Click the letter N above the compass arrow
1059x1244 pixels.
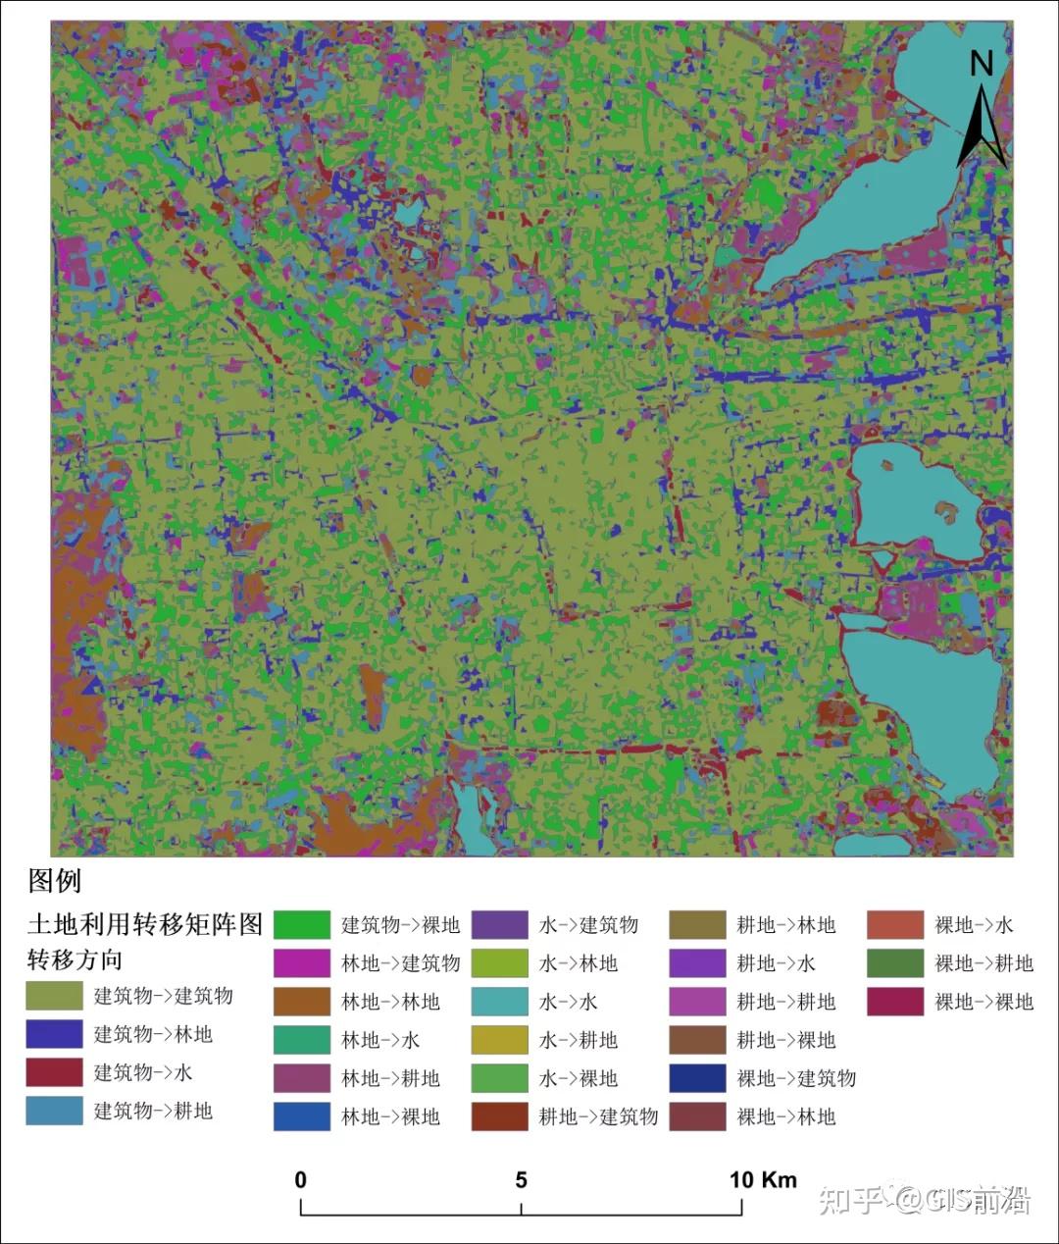pos(982,64)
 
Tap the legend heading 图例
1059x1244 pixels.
pos(55,880)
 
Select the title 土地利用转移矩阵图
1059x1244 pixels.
pos(145,924)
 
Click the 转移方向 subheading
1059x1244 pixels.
pos(75,959)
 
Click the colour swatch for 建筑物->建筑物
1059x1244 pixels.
pos(54,996)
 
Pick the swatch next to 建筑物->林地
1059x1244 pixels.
pos(54,1034)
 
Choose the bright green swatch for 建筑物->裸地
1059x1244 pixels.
pos(302,925)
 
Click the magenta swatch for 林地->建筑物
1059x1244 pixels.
pos(302,963)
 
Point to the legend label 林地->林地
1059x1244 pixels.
pos(390,1002)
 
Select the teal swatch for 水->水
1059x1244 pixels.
pos(500,1002)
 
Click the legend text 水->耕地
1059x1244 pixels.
pos(579,1040)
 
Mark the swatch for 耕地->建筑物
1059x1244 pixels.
pos(500,1116)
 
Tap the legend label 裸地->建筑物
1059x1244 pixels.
pos(796,1078)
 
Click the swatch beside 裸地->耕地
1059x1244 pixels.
pos(895,963)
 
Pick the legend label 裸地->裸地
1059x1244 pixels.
pos(983,1002)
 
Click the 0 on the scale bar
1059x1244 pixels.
pos(301,1179)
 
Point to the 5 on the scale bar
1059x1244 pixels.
pos(522,1179)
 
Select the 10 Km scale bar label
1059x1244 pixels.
pos(763,1179)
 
